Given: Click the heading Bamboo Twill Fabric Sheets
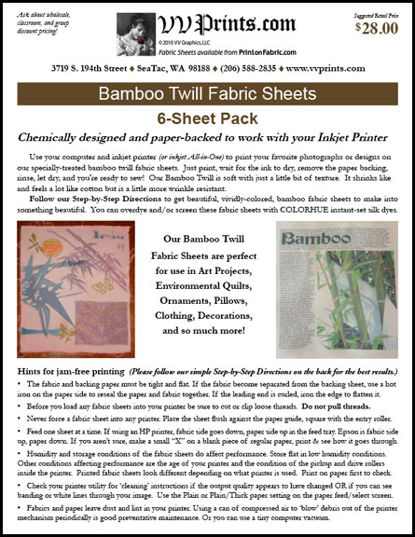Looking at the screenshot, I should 207,96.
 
